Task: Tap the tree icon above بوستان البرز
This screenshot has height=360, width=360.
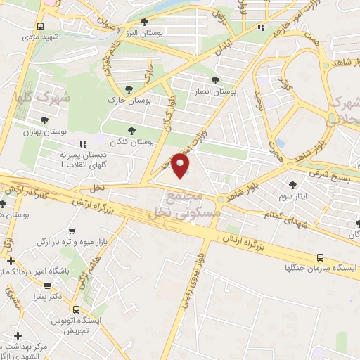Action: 145,22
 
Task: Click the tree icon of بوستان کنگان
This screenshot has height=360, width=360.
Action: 132,129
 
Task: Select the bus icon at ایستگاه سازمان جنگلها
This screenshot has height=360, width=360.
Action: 321,258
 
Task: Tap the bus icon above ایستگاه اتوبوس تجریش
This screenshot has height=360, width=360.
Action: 75,309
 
